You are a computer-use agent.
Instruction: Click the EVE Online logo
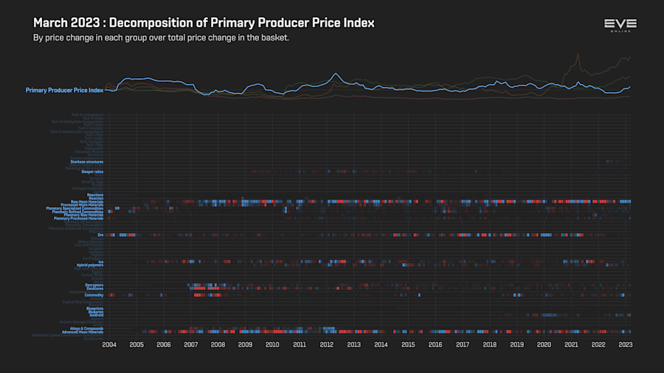(620, 27)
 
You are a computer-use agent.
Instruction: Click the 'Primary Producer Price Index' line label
(64, 90)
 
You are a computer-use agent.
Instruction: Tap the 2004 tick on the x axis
(109, 344)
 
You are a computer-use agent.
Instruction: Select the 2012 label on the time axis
(327, 344)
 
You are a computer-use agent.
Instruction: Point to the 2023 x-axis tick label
(626, 344)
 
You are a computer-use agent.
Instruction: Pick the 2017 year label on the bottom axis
(463, 344)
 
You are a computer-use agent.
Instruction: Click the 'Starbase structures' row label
(86, 161)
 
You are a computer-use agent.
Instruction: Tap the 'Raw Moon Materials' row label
(86, 201)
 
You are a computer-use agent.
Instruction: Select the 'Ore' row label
(100, 235)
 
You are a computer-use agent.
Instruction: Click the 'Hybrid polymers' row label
(90, 265)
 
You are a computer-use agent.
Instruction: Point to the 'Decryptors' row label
(94, 285)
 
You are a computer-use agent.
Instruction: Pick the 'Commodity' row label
(94, 295)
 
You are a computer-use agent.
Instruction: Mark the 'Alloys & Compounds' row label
(86, 329)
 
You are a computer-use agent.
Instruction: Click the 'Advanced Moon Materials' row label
(82, 332)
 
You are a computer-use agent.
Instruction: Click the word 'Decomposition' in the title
(140, 23)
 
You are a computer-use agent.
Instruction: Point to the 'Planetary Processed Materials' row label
(79, 218)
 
